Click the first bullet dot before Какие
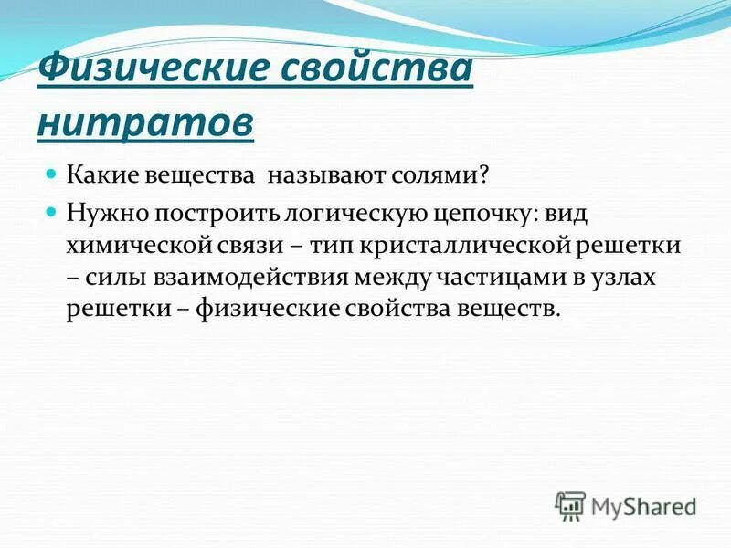pos(52,172)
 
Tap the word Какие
pos(101,173)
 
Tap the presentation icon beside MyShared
pos(570,504)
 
